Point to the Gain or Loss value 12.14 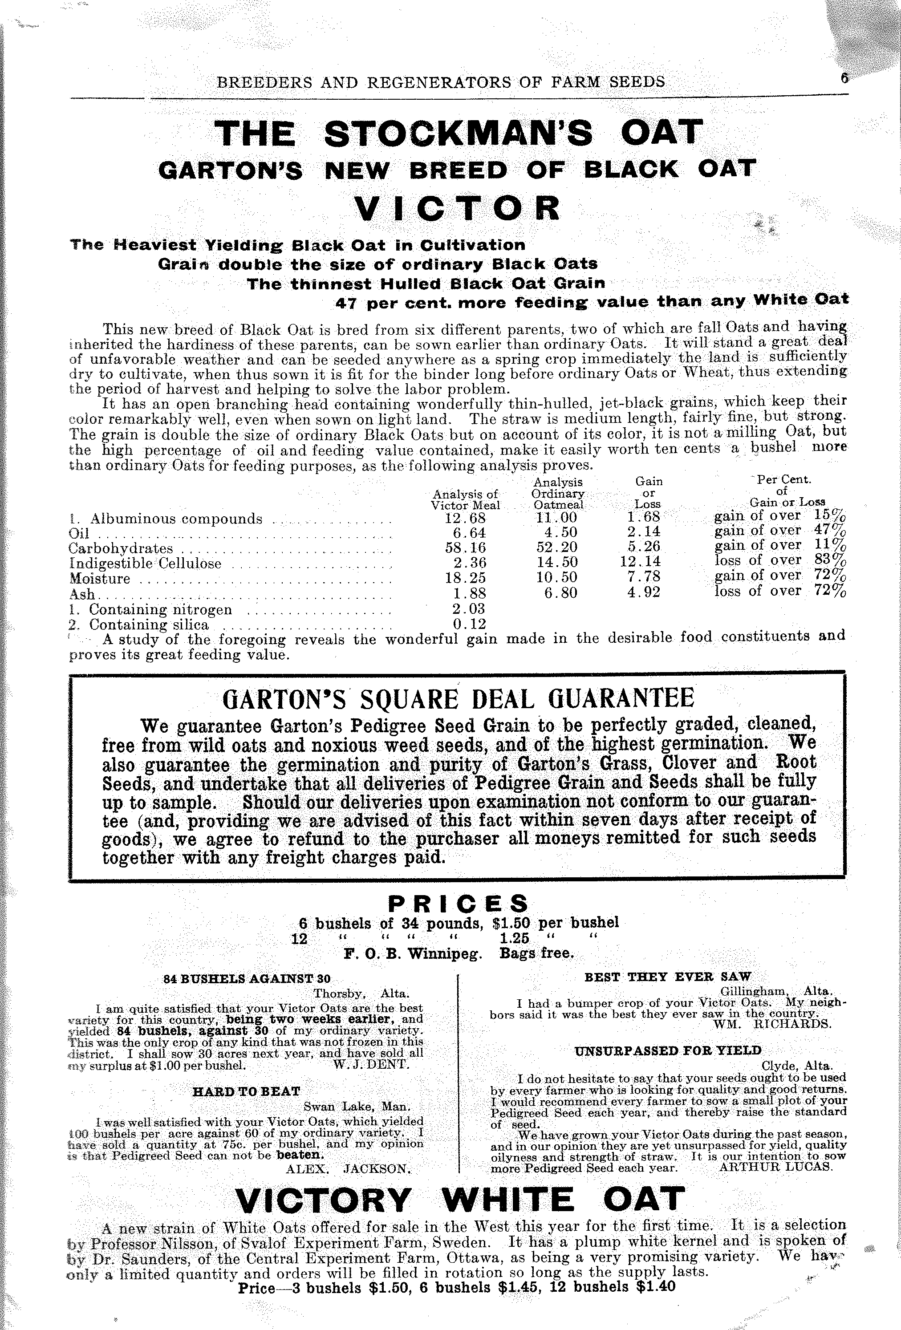click(640, 563)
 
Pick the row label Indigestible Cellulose click(144, 563)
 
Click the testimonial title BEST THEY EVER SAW click(667, 977)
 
